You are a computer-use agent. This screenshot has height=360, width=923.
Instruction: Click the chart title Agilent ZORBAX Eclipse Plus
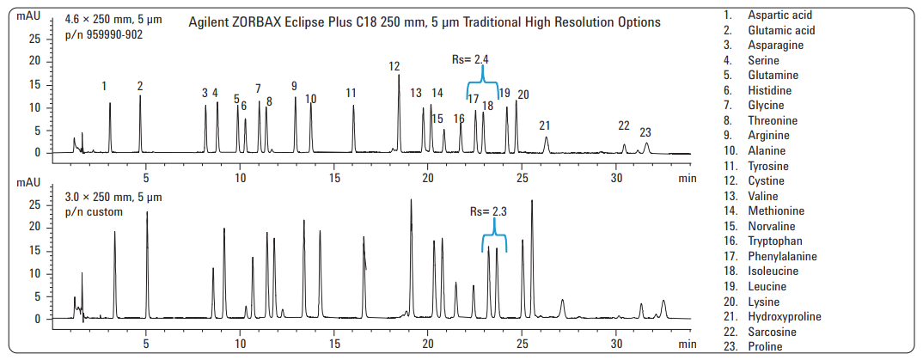coord(425,22)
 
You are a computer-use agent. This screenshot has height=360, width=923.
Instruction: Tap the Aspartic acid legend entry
coord(779,15)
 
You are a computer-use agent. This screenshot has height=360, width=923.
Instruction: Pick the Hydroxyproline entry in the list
coord(784,317)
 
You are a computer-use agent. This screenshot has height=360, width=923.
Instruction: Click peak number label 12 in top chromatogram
coord(394,66)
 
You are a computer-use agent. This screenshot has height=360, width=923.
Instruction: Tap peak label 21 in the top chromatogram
coord(544,125)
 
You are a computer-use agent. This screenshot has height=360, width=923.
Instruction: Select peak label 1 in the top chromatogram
coord(104,86)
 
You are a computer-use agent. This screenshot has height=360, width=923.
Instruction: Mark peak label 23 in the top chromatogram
coord(645,132)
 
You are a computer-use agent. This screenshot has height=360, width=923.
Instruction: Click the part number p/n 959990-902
coord(104,34)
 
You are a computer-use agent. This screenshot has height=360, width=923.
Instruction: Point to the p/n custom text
coord(94,211)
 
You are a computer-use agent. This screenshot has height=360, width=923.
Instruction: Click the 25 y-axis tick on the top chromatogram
coord(34,39)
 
